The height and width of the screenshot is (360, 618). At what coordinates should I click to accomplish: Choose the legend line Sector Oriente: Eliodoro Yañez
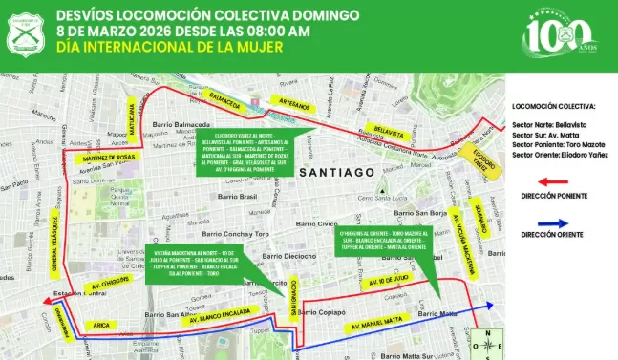(557, 154)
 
